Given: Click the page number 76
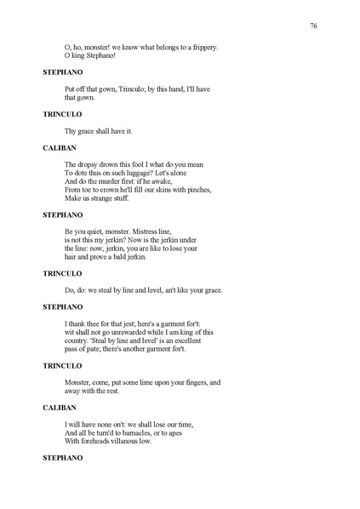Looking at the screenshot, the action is coord(313,27).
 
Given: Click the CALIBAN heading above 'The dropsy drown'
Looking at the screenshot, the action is coord(60,147).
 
